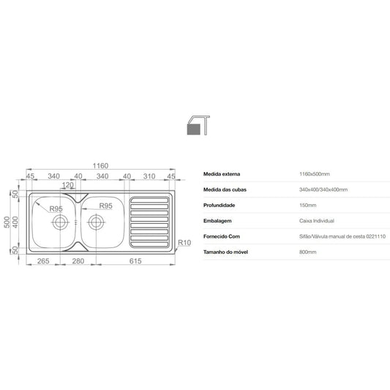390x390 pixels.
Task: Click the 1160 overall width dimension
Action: [100, 166]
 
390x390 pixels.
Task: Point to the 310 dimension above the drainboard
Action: [150, 176]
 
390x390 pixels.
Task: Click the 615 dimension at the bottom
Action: [135, 261]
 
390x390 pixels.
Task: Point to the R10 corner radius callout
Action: [184, 242]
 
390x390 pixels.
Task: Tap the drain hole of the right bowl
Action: [95, 220]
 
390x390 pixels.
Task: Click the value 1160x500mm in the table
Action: [315, 174]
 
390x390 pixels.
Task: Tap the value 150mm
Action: [308, 205]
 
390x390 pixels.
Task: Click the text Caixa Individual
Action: [316, 220]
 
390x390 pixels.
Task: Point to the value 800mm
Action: [308, 252]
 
